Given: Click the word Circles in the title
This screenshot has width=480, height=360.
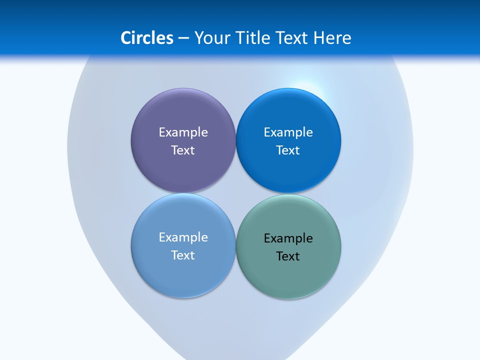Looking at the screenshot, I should point(146,38).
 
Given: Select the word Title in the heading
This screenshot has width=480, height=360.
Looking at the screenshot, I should point(254,38).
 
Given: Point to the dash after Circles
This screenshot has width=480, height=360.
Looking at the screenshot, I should point(183,38).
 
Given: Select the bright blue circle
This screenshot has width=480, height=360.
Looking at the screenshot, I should point(288,170).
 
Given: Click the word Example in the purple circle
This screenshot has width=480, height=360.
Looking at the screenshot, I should point(183,132).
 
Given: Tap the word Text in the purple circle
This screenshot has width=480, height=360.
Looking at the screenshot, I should point(183,150).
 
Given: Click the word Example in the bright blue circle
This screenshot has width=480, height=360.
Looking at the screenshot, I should point(288,132).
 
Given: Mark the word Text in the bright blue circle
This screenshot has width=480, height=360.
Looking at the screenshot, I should point(288,150).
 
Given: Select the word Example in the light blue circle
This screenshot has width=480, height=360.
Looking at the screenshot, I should point(183,237).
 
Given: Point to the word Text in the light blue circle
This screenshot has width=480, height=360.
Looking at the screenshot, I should point(183,255).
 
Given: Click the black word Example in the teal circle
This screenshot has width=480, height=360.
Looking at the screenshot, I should point(288,238).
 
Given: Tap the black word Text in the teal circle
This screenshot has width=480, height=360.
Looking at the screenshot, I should point(288,256).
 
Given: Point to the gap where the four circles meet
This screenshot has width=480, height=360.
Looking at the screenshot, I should point(236,193).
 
